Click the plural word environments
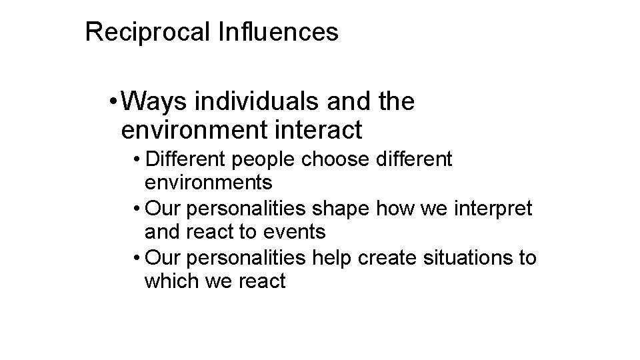tap(207, 181)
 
